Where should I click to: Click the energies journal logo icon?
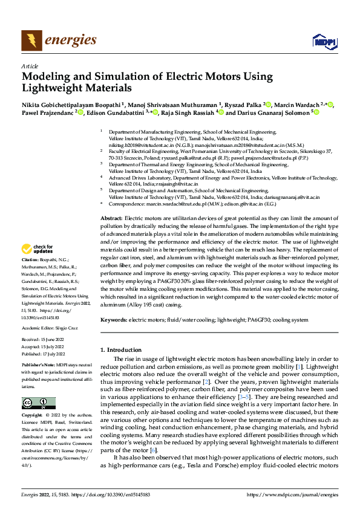click(x=28, y=41)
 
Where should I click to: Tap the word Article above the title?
click(x=30, y=66)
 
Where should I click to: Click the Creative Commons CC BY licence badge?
click(x=38, y=403)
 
